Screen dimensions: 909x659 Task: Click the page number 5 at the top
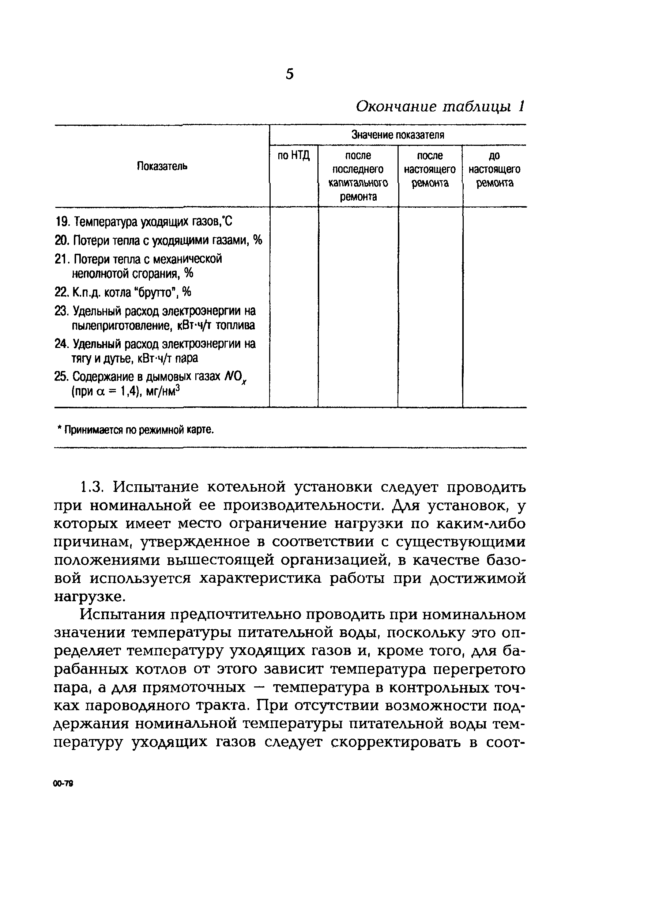tap(290, 75)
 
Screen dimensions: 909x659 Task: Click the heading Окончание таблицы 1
tap(440, 107)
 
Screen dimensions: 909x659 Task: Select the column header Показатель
tap(162, 166)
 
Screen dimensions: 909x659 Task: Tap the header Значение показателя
tap(398, 135)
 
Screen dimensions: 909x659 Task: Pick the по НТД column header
tap(294, 155)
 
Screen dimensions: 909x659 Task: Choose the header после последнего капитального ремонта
tap(358, 176)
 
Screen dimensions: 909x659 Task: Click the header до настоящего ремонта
tap(494, 169)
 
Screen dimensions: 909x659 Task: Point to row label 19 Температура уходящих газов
tap(144, 221)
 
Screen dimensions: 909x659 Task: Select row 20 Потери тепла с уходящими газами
tap(158, 240)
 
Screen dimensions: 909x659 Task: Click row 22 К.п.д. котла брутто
tap(123, 292)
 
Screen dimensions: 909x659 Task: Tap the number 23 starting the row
tap(61, 311)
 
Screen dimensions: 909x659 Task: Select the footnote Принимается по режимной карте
tap(136, 430)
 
